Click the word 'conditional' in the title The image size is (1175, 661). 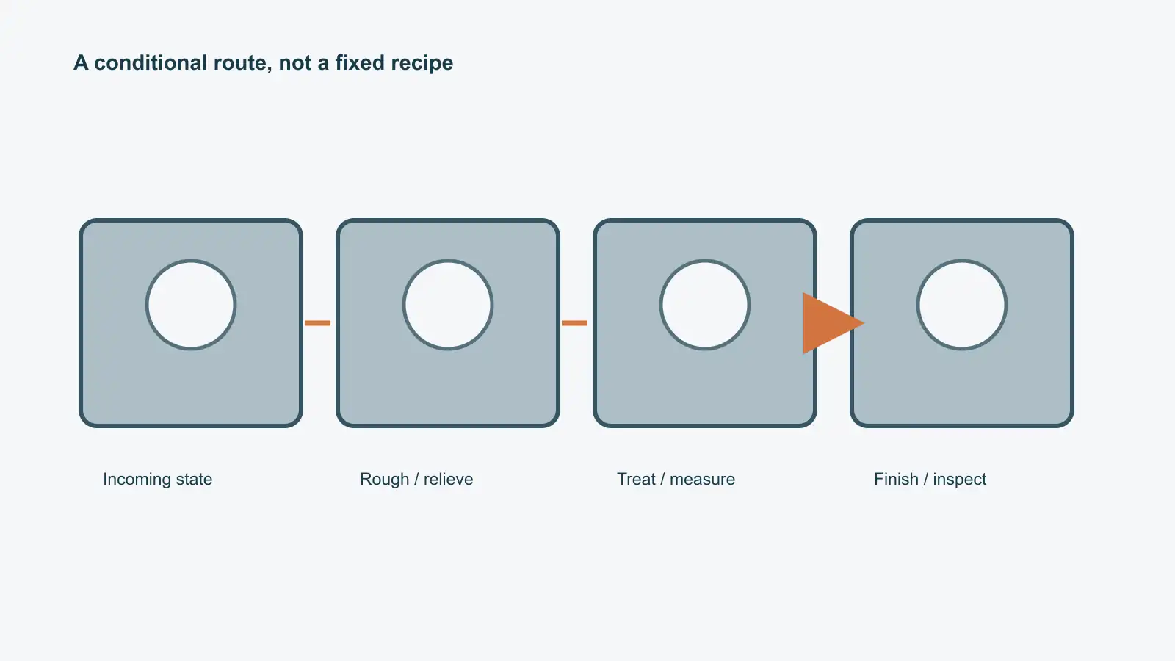coord(151,63)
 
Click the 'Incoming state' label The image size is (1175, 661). coord(157,479)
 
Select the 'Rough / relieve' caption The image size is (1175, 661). coord(416,479)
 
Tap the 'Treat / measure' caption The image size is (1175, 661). coord(676,479)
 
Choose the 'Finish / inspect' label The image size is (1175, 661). coord(930,479)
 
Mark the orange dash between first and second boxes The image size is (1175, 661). coord(317,323)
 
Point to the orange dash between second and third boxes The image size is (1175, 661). coord(574,323)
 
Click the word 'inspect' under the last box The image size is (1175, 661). coord(959,480)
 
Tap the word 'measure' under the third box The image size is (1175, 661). coord(702,480)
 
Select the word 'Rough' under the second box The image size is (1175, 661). coord(385,480)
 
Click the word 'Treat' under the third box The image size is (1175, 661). coord(636,479)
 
